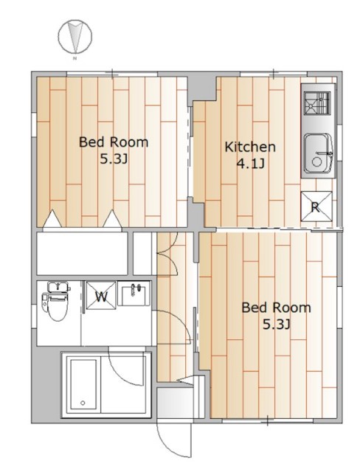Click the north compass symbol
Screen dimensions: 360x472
point(75,36)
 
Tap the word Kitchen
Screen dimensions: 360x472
point(250,147)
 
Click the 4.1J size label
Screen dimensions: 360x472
point(250,164)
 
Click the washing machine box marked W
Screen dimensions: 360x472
point(101,295)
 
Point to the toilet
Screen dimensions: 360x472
point(55,300)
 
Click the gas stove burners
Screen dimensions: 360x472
point(316,103)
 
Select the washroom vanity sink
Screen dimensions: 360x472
point(134,294)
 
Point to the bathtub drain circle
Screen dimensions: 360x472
point(83,403)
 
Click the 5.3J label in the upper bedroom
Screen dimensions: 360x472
point(114,159)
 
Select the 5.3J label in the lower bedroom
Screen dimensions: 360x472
point(277,324)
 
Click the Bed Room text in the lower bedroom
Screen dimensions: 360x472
point(277,308)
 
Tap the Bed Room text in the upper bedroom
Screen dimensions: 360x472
point(114,142)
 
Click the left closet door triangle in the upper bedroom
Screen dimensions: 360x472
point(52,218)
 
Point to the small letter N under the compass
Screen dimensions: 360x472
point(75,58)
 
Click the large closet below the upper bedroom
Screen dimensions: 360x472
point(82,253)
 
